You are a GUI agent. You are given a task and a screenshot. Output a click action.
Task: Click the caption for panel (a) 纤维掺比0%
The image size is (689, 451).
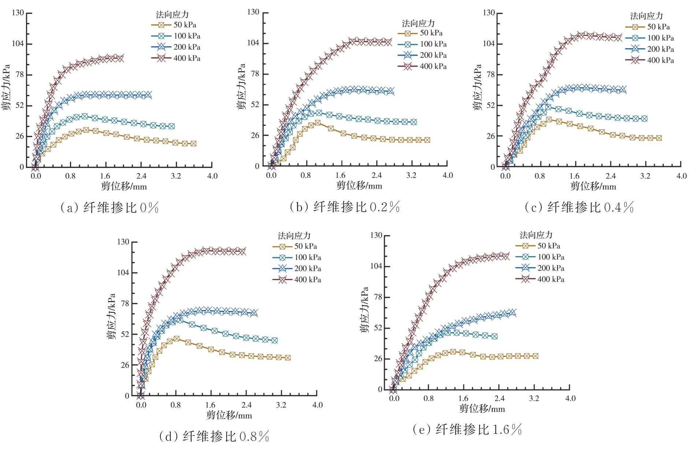[x=110, y=208]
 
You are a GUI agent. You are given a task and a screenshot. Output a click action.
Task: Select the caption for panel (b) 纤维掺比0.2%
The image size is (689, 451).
[x=344, y=207]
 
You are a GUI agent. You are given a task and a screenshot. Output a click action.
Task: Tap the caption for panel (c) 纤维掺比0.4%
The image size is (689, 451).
[x=579, y=207]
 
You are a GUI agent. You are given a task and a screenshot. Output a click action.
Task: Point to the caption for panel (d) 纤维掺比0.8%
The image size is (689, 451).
[x=215, y=436]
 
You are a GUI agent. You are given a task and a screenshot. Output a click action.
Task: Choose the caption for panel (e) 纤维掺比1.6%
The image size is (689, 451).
[x=467, y=429]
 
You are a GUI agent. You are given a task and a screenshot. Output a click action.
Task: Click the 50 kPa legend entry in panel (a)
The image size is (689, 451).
[x=175, y=25]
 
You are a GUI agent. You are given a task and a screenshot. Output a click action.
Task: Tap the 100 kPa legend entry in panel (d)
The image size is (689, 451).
[x=297, y=257]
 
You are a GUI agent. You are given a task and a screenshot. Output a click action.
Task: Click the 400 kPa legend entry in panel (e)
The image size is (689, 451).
[x=540, y=279]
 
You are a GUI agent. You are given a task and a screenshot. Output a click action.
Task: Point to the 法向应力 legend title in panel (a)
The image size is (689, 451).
[x=172, y=15]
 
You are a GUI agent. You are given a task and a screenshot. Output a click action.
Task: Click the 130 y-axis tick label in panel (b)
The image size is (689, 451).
[x=253, y=12]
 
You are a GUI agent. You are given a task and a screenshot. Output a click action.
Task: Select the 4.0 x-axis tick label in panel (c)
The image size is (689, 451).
[x=681, y=176]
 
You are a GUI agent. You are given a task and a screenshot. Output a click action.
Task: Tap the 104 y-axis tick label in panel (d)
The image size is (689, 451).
[x=123, y=272]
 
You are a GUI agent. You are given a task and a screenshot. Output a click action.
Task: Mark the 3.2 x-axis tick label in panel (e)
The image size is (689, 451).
[x=534, y=398]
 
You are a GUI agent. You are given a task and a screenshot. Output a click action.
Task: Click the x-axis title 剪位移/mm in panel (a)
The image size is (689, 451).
[x=124, y=186]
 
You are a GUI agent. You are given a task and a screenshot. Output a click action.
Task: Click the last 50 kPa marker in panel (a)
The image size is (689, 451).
[x=193, y=143]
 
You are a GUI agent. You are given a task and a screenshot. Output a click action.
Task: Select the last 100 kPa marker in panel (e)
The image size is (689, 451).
[x=495, y=336]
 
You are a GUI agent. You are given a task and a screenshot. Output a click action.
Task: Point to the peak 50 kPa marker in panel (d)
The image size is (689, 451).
[x=177, y=339]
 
